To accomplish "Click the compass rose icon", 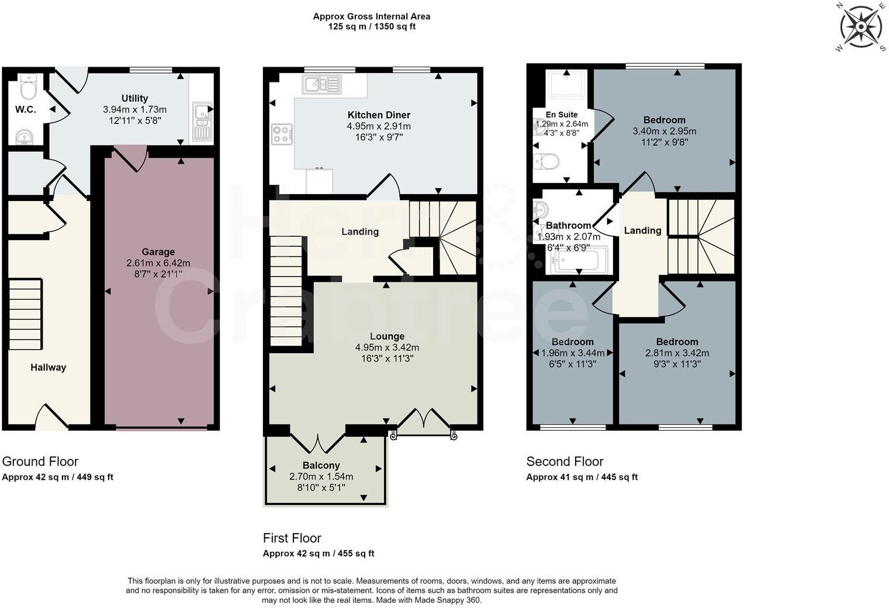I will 860,27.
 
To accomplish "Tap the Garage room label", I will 158,252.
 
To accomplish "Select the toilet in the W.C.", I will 28,88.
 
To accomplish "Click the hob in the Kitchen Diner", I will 281,134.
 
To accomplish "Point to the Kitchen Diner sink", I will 321,85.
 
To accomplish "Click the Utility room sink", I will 201,121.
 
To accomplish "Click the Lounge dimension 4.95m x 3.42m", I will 387,347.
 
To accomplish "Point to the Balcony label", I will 321,465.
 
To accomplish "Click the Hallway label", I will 49,367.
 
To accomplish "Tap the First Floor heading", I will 292,538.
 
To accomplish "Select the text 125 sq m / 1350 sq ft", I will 372,27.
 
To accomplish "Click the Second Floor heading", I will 565,461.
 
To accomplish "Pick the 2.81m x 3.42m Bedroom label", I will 677,342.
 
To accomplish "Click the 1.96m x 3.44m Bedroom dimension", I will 573,353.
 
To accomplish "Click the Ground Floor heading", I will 40,461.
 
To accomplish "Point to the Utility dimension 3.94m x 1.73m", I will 134,109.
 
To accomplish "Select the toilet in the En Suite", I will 547,161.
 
